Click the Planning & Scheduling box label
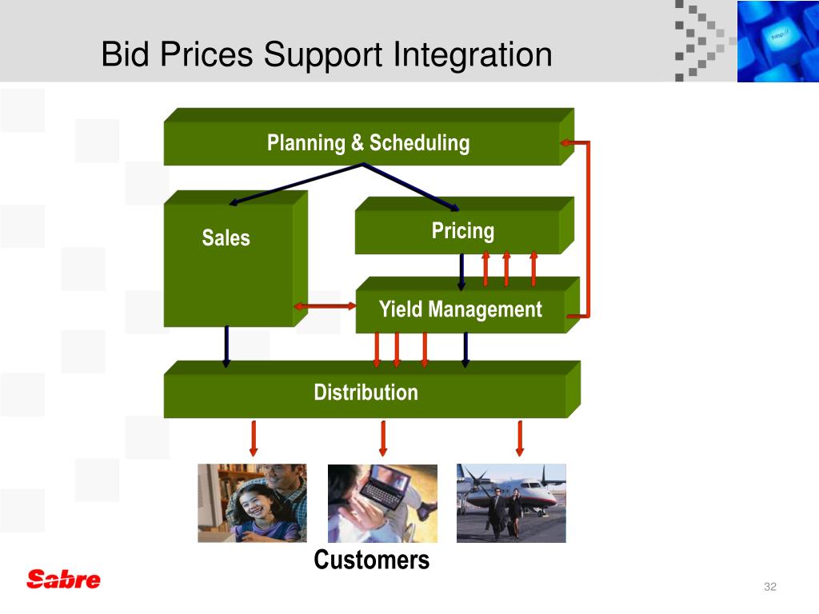pyautogui.click(x=368, y=143)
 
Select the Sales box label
pyautogui.click(x=226, y=237)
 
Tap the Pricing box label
pyautogui.click(x=463, y=231)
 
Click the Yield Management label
pyautogui.click(x=460, y=309)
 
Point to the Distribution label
pyautogui.click(x=366, y=392)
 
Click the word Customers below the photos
pyautogui.click(x=371, y=560)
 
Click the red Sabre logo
pyautogui.click(x=63, y=579)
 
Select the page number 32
pyautogui.click(x=770, y=586)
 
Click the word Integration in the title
pyautogui.click(x=472, y=55)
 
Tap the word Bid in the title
pyautogui.click(x=125, y=54)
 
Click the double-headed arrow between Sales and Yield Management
pyautogui.click(x=325, y=306)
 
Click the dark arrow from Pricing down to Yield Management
pyautogui.click(x=461, y=272)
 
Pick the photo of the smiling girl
pyautogui.click(x=252, y=503)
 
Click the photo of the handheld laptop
pyautogui.click(x=382, y=504)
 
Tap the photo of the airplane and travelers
pyautogui.click(x=511, y=503)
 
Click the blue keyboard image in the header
pyautogui.click(x=777, y=42)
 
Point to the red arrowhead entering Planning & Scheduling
pyautogui.click(x=565, y=142)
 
